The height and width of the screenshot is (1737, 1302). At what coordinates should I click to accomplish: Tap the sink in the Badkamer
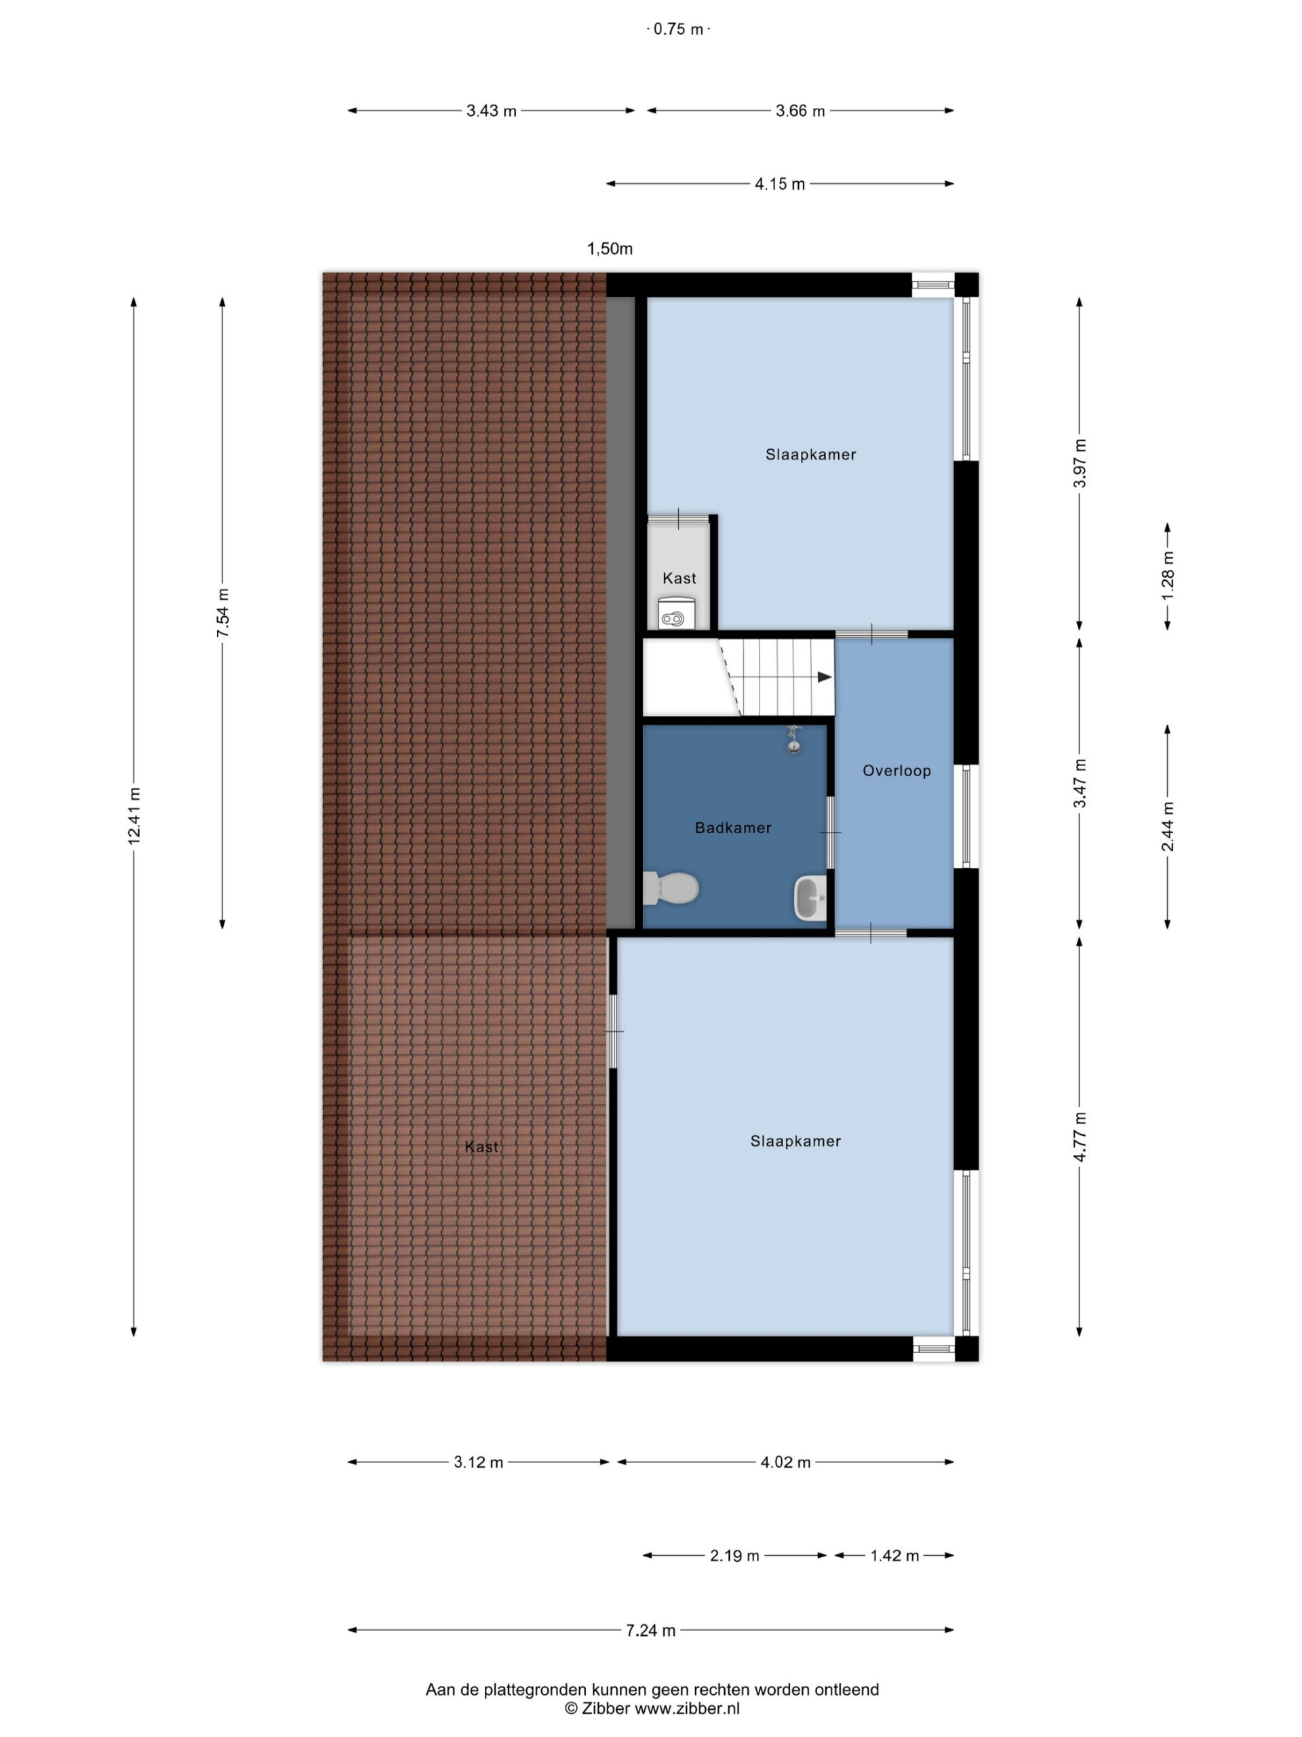point(811,898)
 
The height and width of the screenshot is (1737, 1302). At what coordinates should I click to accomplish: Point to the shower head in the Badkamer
point(794,740)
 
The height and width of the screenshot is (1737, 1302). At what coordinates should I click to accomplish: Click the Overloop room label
point(896,770)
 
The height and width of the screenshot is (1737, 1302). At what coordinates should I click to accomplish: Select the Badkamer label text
point(733,827)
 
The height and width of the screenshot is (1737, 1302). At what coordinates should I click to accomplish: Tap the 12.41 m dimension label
point(134,816)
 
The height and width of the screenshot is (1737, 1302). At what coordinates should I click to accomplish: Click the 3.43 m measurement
point(491,111)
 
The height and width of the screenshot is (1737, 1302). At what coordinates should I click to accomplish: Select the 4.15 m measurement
point(779,184)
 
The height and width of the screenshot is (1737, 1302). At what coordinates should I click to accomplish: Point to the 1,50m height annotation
point(610,249)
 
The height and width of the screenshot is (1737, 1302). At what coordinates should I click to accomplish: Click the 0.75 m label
point(678,29)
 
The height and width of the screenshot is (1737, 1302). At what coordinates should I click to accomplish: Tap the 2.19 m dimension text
point(734,1556)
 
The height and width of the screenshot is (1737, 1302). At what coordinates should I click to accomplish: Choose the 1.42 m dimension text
point(894,1556)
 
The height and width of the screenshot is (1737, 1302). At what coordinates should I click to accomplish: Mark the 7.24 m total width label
point(650,1630)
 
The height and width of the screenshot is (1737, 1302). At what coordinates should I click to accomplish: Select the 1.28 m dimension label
point(1168,575)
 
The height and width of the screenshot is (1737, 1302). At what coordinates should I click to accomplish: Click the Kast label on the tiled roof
point(481,1147)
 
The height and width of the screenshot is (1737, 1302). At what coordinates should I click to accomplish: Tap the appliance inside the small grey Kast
point(675,613)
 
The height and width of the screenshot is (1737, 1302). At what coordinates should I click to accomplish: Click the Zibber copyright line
point(652,1708)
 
